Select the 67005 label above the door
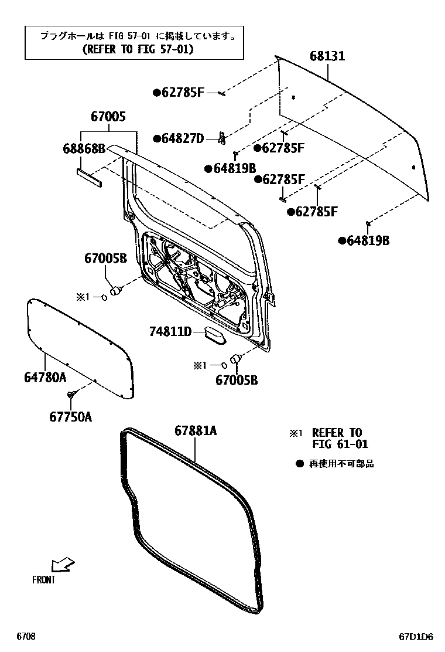coord(108,117)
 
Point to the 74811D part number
coord(170,332)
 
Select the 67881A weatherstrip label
coord(196,431)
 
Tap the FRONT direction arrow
coord(63,565)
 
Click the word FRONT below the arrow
coord(44,580)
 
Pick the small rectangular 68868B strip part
coord(89,176)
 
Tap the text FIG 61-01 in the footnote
coord(340,444)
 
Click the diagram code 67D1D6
coord(416,636)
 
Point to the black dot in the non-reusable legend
coord(299,464)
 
